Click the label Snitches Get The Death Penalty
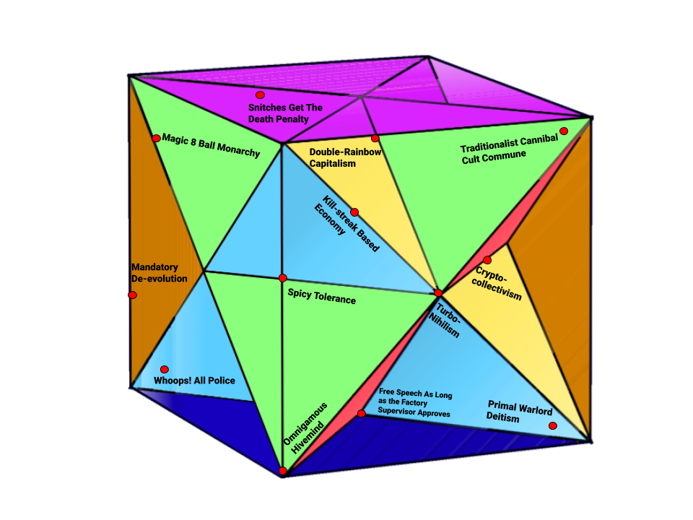pyautogui.click(x=285, y=113)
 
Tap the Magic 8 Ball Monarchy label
pyautogui.click(x=211, y=145)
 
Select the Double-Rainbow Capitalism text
pyautogui.click(x=345, y=157)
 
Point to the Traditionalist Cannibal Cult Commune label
pyautogui.click(x=509, y=149)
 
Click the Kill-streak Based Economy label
pyautogui.click(x=346, y=223)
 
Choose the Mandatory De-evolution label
pyautogui.click(x=159, y=273)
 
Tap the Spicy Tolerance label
pyautogui.click(x=322, y=296)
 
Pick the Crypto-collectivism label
pyautogui.click(x=497, y=283)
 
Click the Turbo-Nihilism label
pyautogui.click(x=445, y=320)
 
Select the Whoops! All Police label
pyautogui.click(x=194, y=381)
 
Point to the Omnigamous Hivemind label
pyautogui.click(x=305, y=428)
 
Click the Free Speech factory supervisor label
pyautogui.click(x=415, y=402)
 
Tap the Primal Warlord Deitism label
pyautogui.click(x=519, y=412)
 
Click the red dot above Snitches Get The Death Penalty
pyautogui.click(x=261, y=95)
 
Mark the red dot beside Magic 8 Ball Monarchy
pyautogui.click(x=156, y=139)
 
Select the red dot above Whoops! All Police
pyautogui.click(x=165, y=369)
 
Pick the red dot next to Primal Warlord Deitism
pyautogui.click(x=553, y=426)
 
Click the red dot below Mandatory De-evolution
pyautogui.click(x=133, y=295)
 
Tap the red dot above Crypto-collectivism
pyautogui.click(x=487, y=260)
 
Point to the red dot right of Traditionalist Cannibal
pyautogui.click(x=564, y=131)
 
